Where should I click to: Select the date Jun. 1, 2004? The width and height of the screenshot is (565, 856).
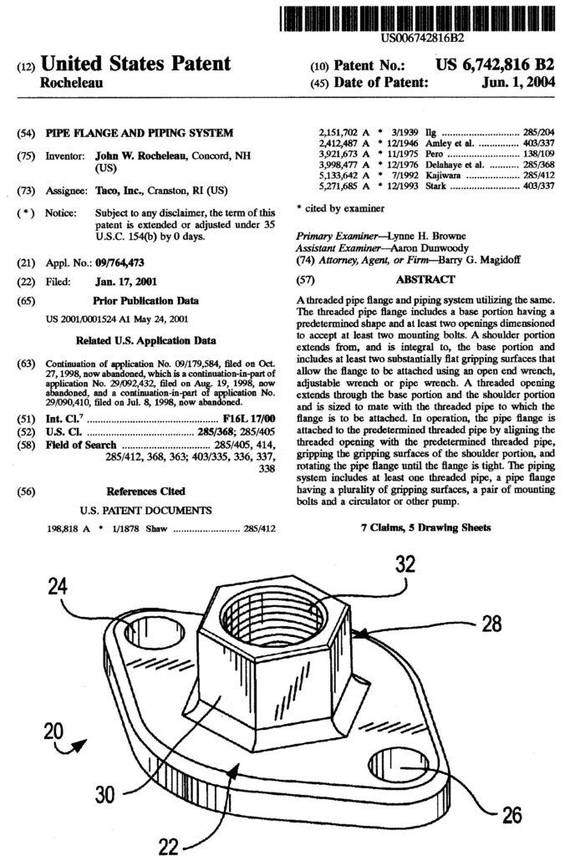(517, 83)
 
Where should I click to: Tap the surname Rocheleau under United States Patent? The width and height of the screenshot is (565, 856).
(74, 84)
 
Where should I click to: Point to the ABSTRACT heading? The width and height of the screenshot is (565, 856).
(426, 280)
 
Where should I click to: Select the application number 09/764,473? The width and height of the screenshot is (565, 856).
(126, 262)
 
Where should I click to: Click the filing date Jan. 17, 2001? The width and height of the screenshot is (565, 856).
(125, 281)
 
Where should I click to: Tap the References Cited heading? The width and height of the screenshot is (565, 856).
(146, 491)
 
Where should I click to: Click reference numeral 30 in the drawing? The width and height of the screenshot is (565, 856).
(105, 794)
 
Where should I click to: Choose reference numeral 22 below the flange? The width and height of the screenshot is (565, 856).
(169, 845)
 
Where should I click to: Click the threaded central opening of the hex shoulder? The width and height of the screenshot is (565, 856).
(272, 623)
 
